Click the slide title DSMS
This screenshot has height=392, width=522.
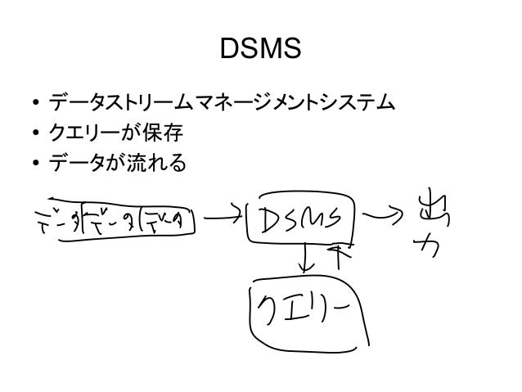[261, 51]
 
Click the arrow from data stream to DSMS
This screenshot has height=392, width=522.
[223, 218]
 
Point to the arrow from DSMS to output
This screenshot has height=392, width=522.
[386, 218]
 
